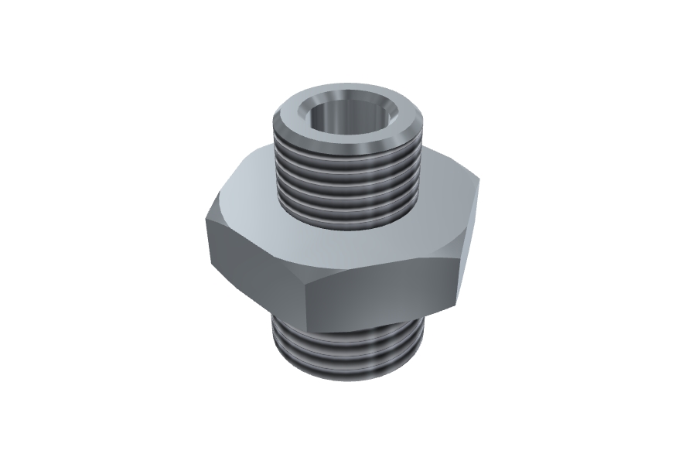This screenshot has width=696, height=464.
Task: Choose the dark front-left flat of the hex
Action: tap(255, 263)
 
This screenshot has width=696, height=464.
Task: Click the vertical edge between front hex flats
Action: tap(308, 305)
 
